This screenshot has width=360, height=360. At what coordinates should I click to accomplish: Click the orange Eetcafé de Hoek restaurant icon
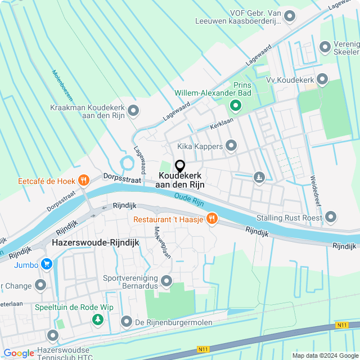tap(84, 181)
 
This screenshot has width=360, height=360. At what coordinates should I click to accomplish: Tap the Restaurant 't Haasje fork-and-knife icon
tap(211, 218)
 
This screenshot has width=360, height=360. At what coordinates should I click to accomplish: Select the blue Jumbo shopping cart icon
tap(46, 264)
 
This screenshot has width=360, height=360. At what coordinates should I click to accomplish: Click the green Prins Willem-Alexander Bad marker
tap(235, 105)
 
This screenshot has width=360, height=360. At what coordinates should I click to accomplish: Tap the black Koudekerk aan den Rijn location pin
tap(180, 166)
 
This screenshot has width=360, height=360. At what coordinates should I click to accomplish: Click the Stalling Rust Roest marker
tap(330, 217)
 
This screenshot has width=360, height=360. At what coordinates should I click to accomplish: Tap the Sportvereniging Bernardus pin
tap(166, 280)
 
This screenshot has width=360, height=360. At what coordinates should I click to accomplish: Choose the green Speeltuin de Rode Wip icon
tap(98, 319)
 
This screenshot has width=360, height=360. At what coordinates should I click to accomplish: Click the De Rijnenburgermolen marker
tap(127, 322)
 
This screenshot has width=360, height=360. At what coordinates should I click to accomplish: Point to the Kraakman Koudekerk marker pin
tap(133, 111)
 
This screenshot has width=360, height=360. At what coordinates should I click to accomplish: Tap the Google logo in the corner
tap(19, 353)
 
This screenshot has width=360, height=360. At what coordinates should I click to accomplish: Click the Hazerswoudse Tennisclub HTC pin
tap(53, 336)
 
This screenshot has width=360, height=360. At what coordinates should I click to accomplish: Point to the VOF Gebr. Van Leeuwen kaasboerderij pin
tap(290, 16)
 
